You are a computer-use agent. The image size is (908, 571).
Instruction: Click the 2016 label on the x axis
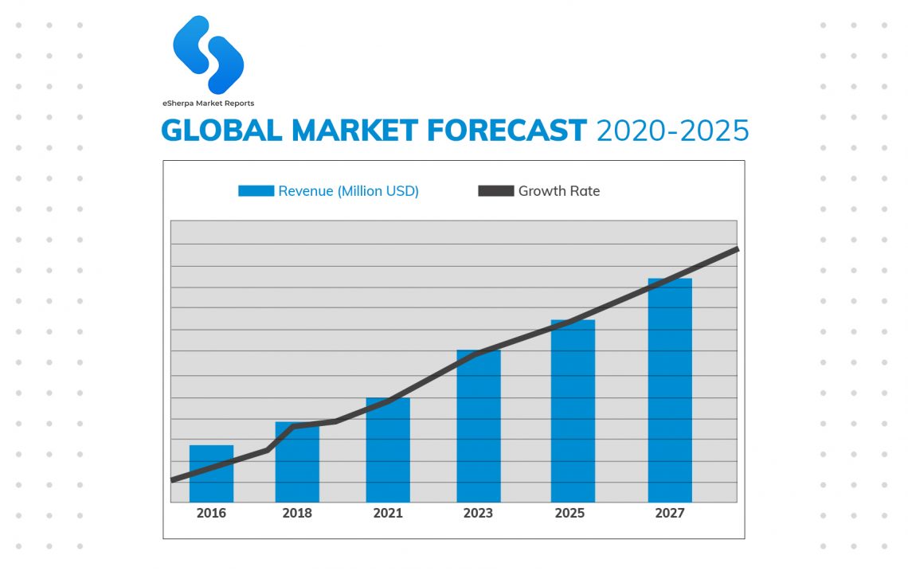click(211, 514)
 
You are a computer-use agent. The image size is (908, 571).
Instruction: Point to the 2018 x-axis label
click(297, 514)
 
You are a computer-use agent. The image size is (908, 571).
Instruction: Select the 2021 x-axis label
click(388, 514)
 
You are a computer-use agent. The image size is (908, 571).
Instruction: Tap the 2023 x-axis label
click(478, 514)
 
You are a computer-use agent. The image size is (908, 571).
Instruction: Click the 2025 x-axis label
click(569, 514)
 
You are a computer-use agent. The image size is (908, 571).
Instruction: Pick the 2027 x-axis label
click(670, 514)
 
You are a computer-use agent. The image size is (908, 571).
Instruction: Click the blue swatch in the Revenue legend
click(256, 191)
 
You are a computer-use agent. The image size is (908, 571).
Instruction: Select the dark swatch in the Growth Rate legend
click(495, 191)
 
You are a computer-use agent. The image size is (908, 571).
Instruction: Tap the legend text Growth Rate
click(559, 191)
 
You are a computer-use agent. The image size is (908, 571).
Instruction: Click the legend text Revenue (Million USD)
click(348, 191)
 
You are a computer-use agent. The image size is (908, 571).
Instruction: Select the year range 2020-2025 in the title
click(673, 130)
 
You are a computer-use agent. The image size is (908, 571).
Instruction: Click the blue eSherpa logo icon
click(209, 53)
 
